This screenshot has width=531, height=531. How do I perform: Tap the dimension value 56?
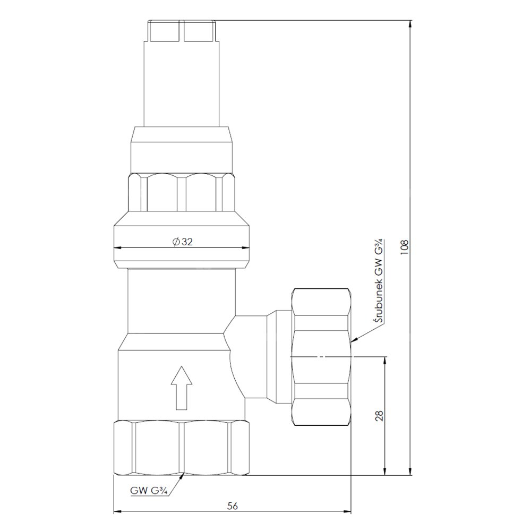pos(233,506)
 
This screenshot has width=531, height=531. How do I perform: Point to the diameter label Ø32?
pos(183,242)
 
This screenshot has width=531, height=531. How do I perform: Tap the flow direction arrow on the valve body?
pos(182,388)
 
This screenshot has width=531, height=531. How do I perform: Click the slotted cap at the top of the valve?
pos(181,31)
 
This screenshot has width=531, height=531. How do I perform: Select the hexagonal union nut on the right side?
pos(321,357)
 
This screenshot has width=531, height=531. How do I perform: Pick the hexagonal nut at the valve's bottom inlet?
pos(182,448)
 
